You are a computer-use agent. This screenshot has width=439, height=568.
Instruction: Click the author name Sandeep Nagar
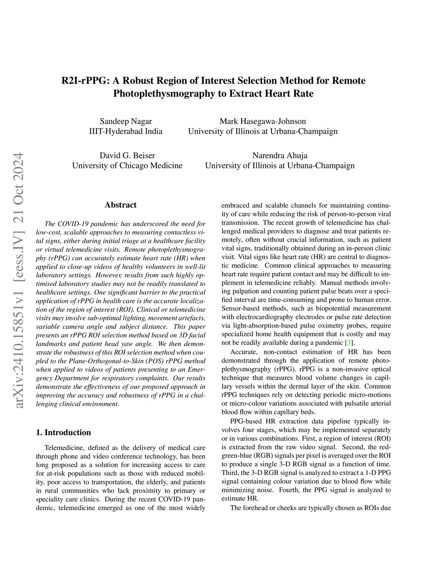click(x=126, y=121)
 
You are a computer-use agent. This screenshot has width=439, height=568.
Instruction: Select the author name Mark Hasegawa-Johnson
click(x=262, y=121)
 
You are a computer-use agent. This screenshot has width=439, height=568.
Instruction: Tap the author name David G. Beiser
click(x=127, y=155)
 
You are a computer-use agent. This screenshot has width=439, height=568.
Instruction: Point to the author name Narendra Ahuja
click(x=280, y=155)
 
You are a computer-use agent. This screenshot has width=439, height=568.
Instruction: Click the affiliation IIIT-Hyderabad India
click(x=126, y=131)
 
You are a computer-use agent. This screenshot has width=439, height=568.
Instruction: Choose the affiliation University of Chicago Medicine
click(x=127, y=165)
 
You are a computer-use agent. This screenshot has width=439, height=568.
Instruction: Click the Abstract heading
click(x=120, y=205)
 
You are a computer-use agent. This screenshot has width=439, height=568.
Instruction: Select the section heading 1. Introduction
click(x=63, y=432)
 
